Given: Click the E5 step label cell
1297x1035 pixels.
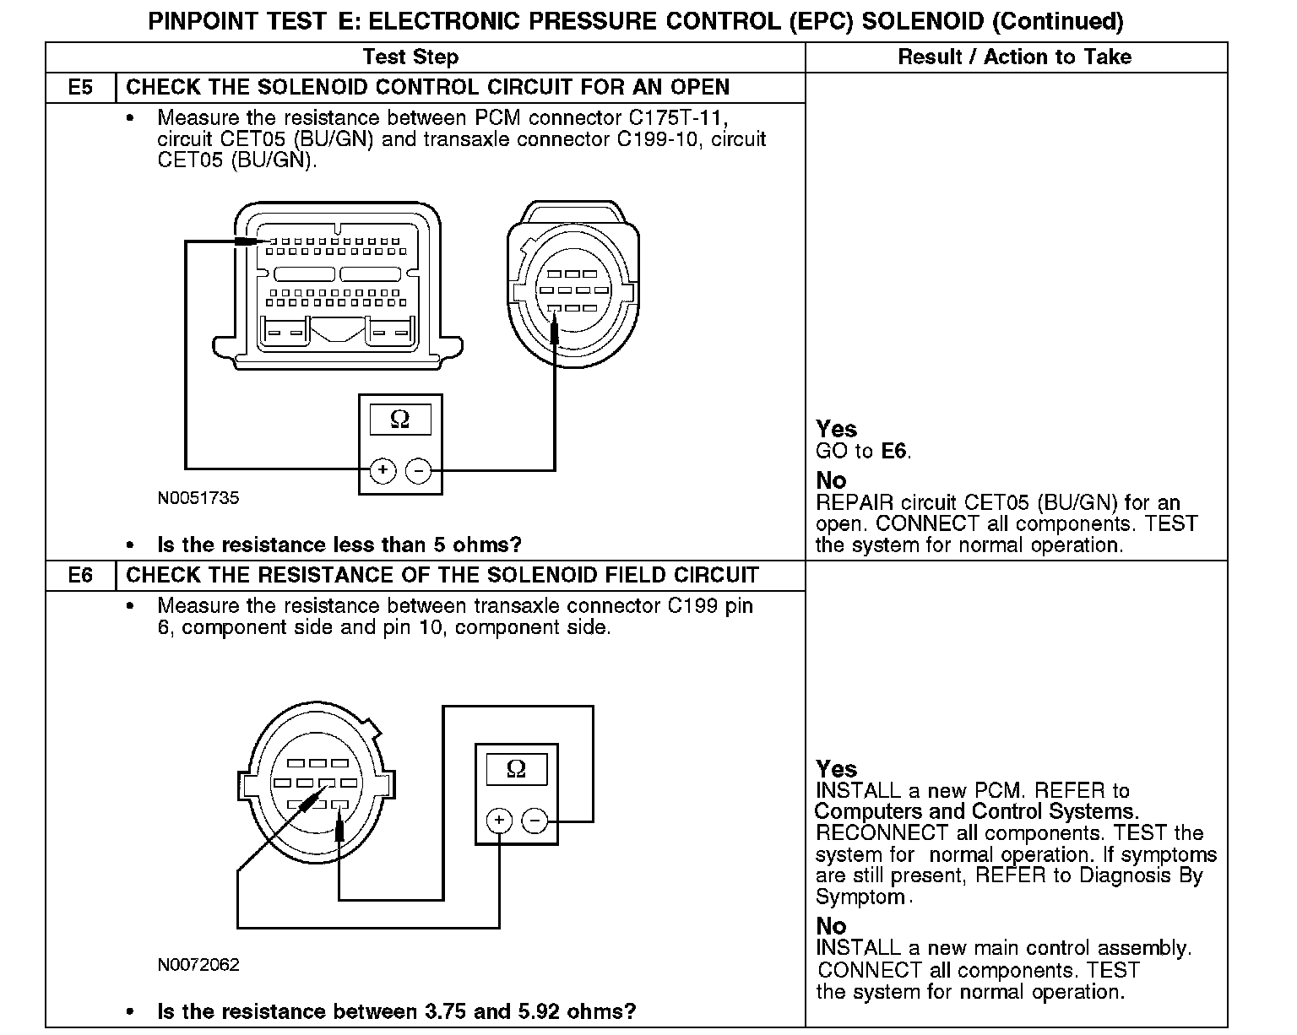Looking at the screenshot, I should point(80,88).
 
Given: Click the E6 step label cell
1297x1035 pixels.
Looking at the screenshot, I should point(80,576).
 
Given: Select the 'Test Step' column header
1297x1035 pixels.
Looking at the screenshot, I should point(410,57).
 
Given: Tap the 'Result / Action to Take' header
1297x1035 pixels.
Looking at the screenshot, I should point(1014,57).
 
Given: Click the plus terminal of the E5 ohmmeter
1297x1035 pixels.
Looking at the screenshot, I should point(383,470).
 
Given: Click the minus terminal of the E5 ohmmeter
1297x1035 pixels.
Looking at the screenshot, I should point(419,470).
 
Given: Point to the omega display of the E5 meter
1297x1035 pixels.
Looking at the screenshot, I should point(400,420).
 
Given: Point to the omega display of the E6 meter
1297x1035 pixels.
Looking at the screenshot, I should point(516,769).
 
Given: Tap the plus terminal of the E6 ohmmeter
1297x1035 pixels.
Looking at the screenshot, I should point(499,820).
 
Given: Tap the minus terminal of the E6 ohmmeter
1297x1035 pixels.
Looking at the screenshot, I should point(535,820).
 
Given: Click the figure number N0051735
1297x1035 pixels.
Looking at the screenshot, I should point(198,498).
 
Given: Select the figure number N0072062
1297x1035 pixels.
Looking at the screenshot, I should point(198,964).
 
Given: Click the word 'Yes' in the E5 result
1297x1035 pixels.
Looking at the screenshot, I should point(836,429).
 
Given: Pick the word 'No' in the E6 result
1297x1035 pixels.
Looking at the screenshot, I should point(831,925).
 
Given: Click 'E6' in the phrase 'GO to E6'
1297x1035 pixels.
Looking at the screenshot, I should point(895,452).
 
